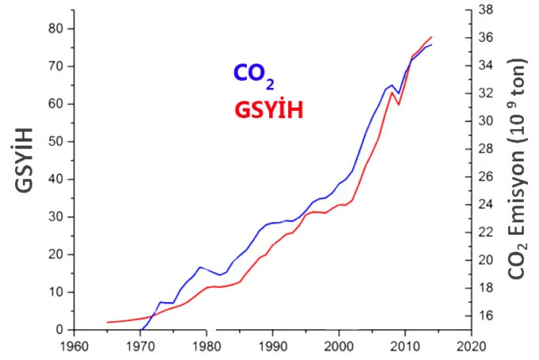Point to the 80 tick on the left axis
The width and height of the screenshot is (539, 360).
pyautogui.click(x=53, y=28)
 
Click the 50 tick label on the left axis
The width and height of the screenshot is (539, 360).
pyautogui.click(x=53, y=142)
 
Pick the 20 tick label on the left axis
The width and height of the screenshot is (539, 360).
pyautogui.click(x=53, y=254)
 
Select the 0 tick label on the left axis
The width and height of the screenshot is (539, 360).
pyautogui.click(x=57, y=329)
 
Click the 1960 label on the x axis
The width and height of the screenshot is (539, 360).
pyautogui.click(x=74, y=346)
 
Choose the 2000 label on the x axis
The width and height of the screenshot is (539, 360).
pyautogui.click(x=339, y=346)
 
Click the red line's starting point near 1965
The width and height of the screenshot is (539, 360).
pyautogui.click(x=107, y=322)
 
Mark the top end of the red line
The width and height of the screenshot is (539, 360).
pyautogui.click(x=431, y=37)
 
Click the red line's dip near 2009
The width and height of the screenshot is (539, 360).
pyautogui.click(x=398, y=104)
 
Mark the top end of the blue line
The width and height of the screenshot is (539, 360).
pyautogui.click(x=431, y=44)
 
